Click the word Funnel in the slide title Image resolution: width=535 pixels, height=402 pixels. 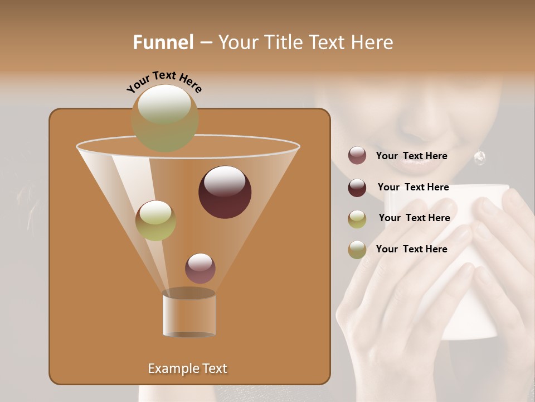click(x=163, y=42)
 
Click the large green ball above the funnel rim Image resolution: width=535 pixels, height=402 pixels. click(x=164, y=118)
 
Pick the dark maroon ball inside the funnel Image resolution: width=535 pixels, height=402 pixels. click(x=225, y=192)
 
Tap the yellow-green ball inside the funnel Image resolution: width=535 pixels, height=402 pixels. click(x=155, y=221)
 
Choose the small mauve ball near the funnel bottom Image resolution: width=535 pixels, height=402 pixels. click(x=200, y=269)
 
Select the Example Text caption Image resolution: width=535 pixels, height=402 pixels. click(x=187, y=368)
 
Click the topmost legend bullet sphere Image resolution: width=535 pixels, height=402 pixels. click(x=357, y=156)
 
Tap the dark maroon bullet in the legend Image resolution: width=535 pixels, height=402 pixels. click(x=357, y=188)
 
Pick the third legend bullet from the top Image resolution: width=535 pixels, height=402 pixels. click(x=357, y=218)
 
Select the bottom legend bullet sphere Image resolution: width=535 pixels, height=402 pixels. click(x=357, y=250)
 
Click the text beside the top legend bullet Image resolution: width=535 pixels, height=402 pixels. click(x=411, y=156)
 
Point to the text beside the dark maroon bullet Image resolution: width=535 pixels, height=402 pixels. click(x=413, y=187)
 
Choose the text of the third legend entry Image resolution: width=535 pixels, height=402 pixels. click(x=414, y=218)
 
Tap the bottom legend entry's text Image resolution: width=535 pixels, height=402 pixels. click(x=411, y=249)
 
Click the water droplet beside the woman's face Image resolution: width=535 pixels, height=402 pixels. click(x=479, y=158)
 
